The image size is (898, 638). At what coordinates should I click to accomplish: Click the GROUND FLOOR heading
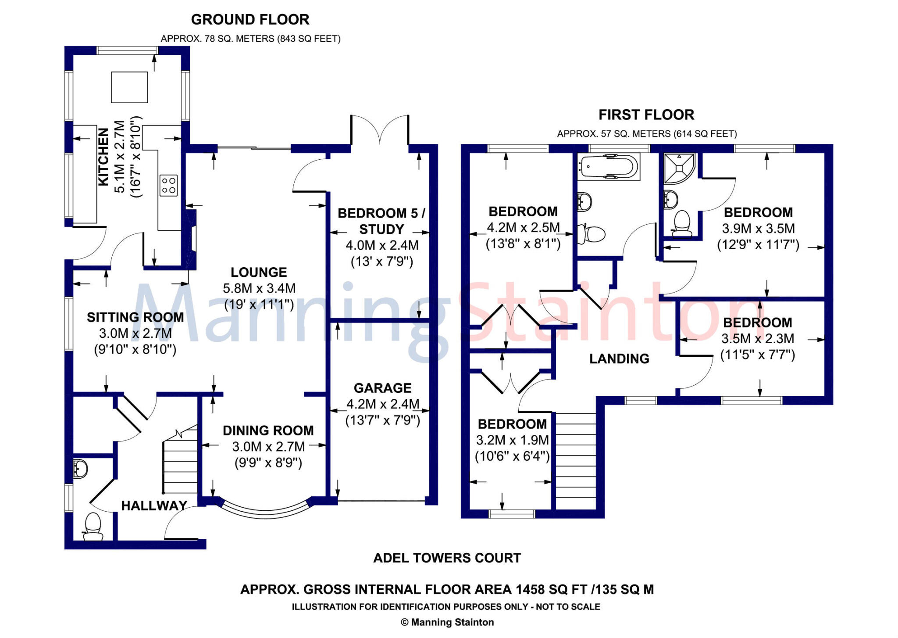coord(250,20)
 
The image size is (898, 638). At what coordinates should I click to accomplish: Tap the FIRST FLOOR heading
coord(646,115)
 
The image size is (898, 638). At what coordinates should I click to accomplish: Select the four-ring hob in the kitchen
coord(168,185)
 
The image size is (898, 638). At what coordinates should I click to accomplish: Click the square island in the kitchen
coord(129,87)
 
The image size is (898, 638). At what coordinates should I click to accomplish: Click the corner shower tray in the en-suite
coord(679,168)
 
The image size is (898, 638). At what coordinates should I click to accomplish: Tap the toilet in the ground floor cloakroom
coord(93,526)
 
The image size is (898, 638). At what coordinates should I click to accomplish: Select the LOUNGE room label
coord(259,272)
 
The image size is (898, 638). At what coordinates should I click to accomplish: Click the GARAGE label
coord(382,388)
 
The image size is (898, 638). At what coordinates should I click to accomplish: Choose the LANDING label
coord(619,359)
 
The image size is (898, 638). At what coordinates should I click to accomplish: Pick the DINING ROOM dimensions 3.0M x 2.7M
coord(268,447)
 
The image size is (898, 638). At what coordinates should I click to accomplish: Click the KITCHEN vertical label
coord(103,157)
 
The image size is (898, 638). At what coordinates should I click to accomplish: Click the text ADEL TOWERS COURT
coord(447,558)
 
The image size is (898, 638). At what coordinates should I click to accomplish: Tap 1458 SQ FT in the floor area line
coord(552,589)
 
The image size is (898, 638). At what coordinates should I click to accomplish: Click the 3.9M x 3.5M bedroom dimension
coord(758,229)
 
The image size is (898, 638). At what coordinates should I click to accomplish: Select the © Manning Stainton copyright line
coord(447,622)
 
